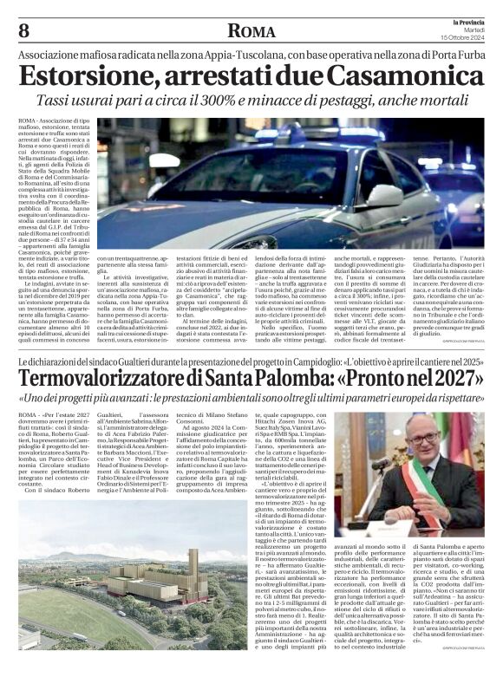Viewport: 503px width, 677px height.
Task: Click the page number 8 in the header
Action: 23,31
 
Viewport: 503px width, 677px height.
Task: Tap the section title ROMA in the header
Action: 251,32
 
